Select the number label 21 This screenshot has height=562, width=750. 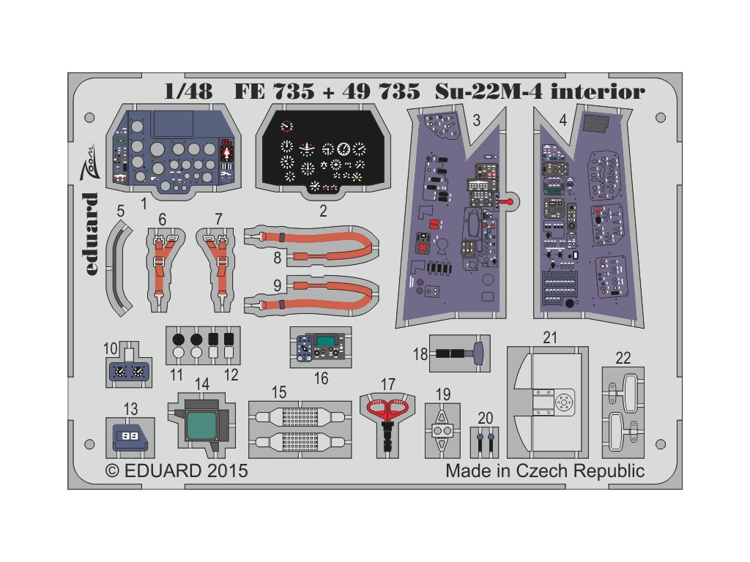click(551, 337)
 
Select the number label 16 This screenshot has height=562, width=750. click(321, 378)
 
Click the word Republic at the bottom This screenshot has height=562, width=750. click(607, 471)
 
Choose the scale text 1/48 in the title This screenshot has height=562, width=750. click(168, 92)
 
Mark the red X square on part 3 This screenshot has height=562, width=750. click(421, 243)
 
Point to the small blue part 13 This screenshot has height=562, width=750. click(130, 436)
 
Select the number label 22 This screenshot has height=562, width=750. click(623, 358)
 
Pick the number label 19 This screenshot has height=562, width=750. click(443, 394)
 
